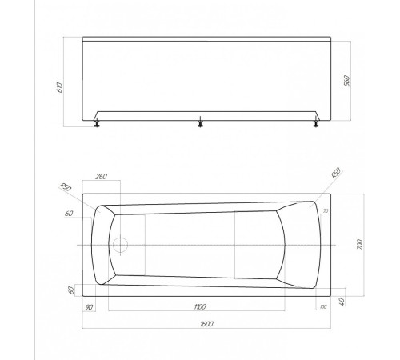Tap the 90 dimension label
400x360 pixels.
89,306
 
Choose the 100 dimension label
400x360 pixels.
322,306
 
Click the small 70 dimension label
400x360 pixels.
326,210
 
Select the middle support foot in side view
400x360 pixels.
199,123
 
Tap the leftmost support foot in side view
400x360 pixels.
98,123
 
